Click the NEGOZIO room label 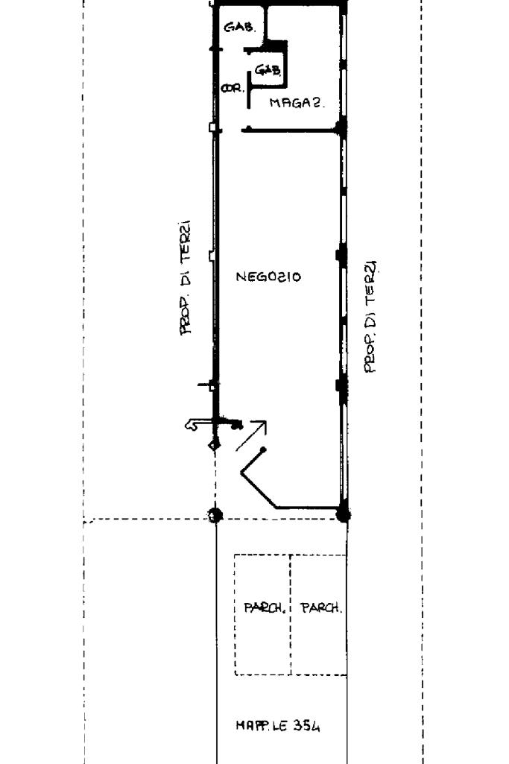[268, 277]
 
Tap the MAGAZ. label [298, 104]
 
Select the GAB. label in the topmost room [239, 28]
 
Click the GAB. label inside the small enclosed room [268, 70]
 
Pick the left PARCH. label [264, 607]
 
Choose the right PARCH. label [321, 607]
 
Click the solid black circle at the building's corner [344, 514]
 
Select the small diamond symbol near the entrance [214, 445]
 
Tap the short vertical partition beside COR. [248, 95]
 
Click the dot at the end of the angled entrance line [264, 449]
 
